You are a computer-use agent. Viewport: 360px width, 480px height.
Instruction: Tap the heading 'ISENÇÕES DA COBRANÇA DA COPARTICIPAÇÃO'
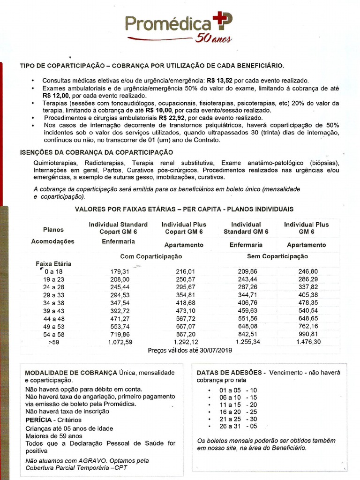97,152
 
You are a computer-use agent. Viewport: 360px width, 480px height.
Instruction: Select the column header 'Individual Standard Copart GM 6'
118,228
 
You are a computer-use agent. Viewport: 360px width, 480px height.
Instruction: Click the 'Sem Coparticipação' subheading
277,256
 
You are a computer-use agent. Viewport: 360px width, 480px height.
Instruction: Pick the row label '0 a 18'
53,271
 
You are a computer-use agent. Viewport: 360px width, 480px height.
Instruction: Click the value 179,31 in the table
120,271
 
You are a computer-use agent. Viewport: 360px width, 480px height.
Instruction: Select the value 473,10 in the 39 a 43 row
186,311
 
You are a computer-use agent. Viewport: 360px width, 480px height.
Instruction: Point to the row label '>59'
53,342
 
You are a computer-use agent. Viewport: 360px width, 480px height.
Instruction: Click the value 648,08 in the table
247,326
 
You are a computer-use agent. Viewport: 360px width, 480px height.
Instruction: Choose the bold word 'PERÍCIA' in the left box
38,420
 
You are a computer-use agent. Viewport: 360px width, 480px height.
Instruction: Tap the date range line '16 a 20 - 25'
238,412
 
